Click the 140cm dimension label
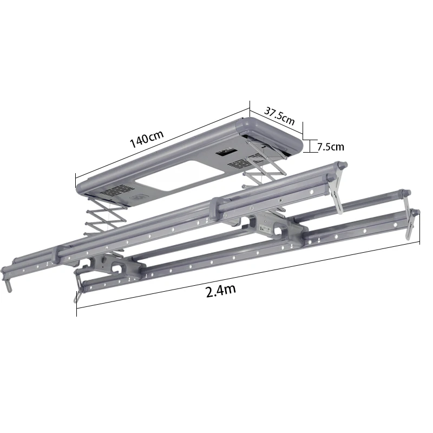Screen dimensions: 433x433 (147, 139)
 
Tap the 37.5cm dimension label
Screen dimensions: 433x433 (279, 116)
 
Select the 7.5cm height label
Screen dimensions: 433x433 (331, 147)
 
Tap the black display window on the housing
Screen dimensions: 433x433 (226, 153)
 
